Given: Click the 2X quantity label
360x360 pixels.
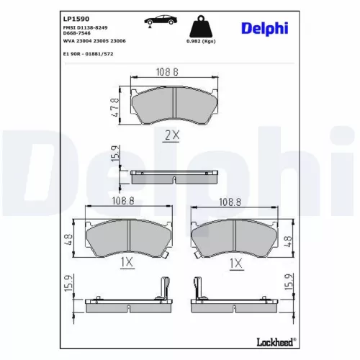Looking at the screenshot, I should pos(171,134).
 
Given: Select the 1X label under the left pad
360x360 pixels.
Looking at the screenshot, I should pos(126,264).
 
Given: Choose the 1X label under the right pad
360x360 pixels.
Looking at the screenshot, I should pos(234,264).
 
